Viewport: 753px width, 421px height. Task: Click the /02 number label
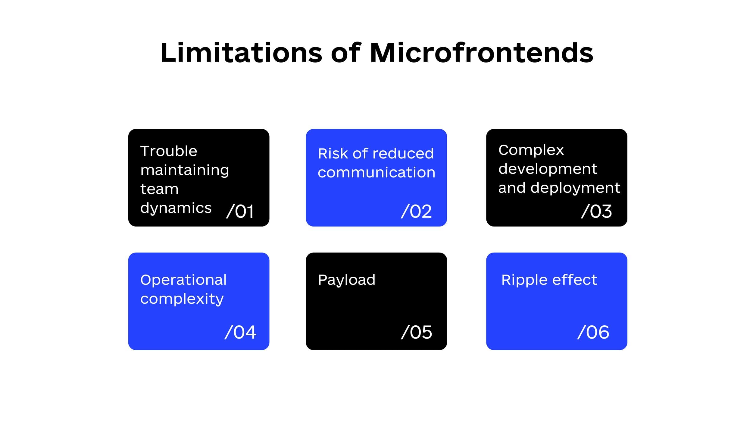[416, 211]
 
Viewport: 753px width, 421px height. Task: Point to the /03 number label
[596, 211]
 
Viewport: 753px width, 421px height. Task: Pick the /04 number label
[240, 332]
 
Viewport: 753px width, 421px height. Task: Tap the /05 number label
[416, 332]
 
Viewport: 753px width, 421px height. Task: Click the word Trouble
[169, 151]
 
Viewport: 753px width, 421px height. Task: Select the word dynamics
[176, 208]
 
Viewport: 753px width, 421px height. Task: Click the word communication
[377, 173]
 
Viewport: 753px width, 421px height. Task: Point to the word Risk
[333, 153]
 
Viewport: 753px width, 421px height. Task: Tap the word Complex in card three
[531, 150]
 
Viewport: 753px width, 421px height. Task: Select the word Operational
[183, 280]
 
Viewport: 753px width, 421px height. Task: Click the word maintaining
[185, 171]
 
